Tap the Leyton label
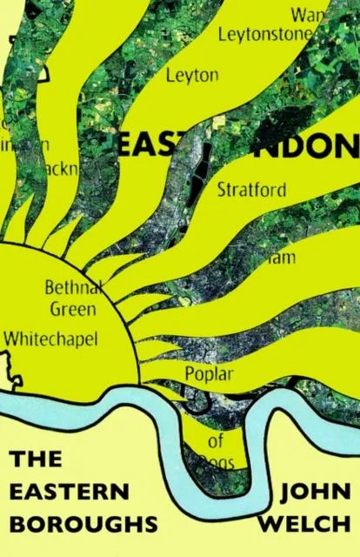(192, 76)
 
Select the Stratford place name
(251, 189)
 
